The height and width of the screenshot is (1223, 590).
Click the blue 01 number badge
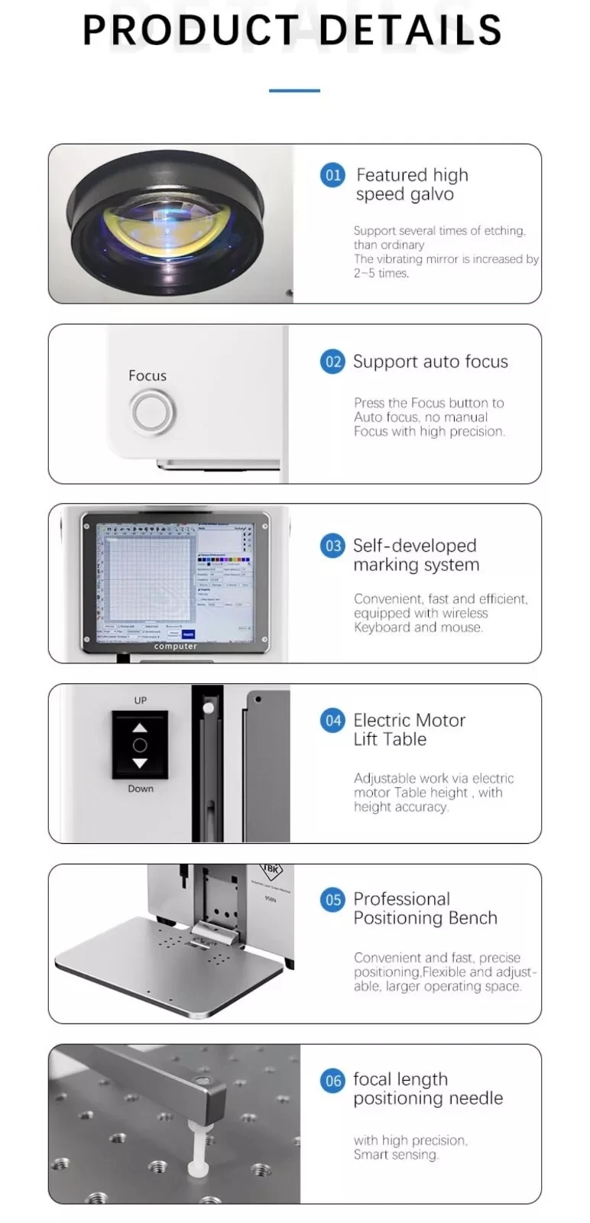332,175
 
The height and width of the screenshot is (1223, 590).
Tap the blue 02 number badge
332,362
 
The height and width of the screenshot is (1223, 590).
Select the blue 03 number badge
332,546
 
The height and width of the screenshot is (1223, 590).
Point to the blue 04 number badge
332,720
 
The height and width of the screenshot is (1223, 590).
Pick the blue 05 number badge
332,900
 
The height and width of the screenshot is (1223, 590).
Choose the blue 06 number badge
332,1080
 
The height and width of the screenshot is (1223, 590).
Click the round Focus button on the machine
153,412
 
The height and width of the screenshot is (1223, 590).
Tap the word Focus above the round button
147,375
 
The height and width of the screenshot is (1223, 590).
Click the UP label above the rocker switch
141,700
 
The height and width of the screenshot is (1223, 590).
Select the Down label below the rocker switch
141,789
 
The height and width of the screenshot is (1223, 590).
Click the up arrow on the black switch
140,727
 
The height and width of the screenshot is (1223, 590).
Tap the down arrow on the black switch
140,763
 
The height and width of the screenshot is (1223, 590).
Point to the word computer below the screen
175,647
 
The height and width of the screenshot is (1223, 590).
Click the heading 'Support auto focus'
430,362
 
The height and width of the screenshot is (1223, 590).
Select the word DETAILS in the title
410,31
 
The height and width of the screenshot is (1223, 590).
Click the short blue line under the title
294,90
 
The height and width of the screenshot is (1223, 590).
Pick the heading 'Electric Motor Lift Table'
409,729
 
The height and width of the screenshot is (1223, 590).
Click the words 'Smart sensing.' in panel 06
396,1154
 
